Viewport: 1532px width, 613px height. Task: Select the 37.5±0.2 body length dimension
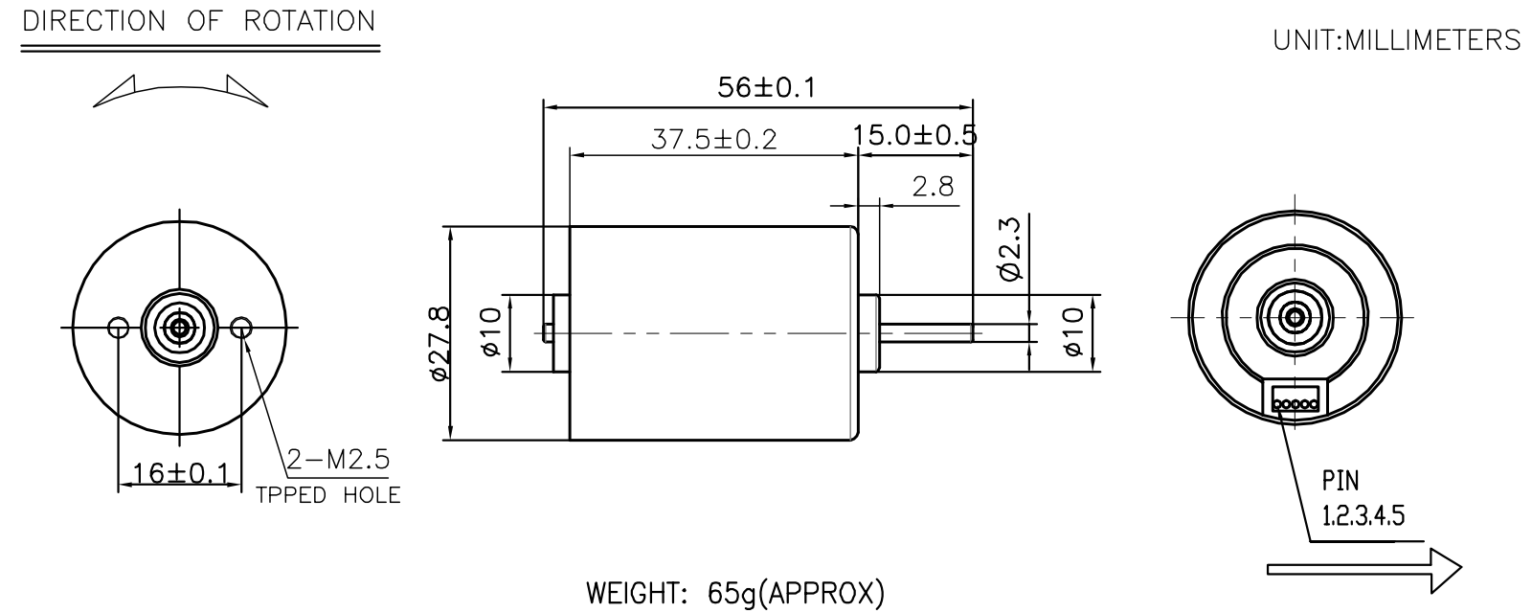pyautogui.click(x=713, y=140)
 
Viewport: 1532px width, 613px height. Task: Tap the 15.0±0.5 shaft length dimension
pyautogui.click(x=915, y=135)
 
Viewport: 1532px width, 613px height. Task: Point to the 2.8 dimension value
pyautogui.click(x=933, y=187)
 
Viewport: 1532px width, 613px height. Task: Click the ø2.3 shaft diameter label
pyautogui.click(x=1011, y=248)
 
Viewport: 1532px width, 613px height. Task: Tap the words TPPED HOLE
pyautogui.click(x=328, y=495)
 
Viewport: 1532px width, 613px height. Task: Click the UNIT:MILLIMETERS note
pyautogui.click(x=1396, y=40)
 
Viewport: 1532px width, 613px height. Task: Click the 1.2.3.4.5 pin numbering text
pyautogui.click(x=1363, y=517)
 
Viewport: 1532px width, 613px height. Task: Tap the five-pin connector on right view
pyautogui.click(x=1295, y=398)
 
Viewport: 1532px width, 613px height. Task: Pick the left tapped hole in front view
pyautogui.click(x=119, y=329)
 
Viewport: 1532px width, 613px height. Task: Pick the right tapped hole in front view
pyautogui.click(x=241, y=329)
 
